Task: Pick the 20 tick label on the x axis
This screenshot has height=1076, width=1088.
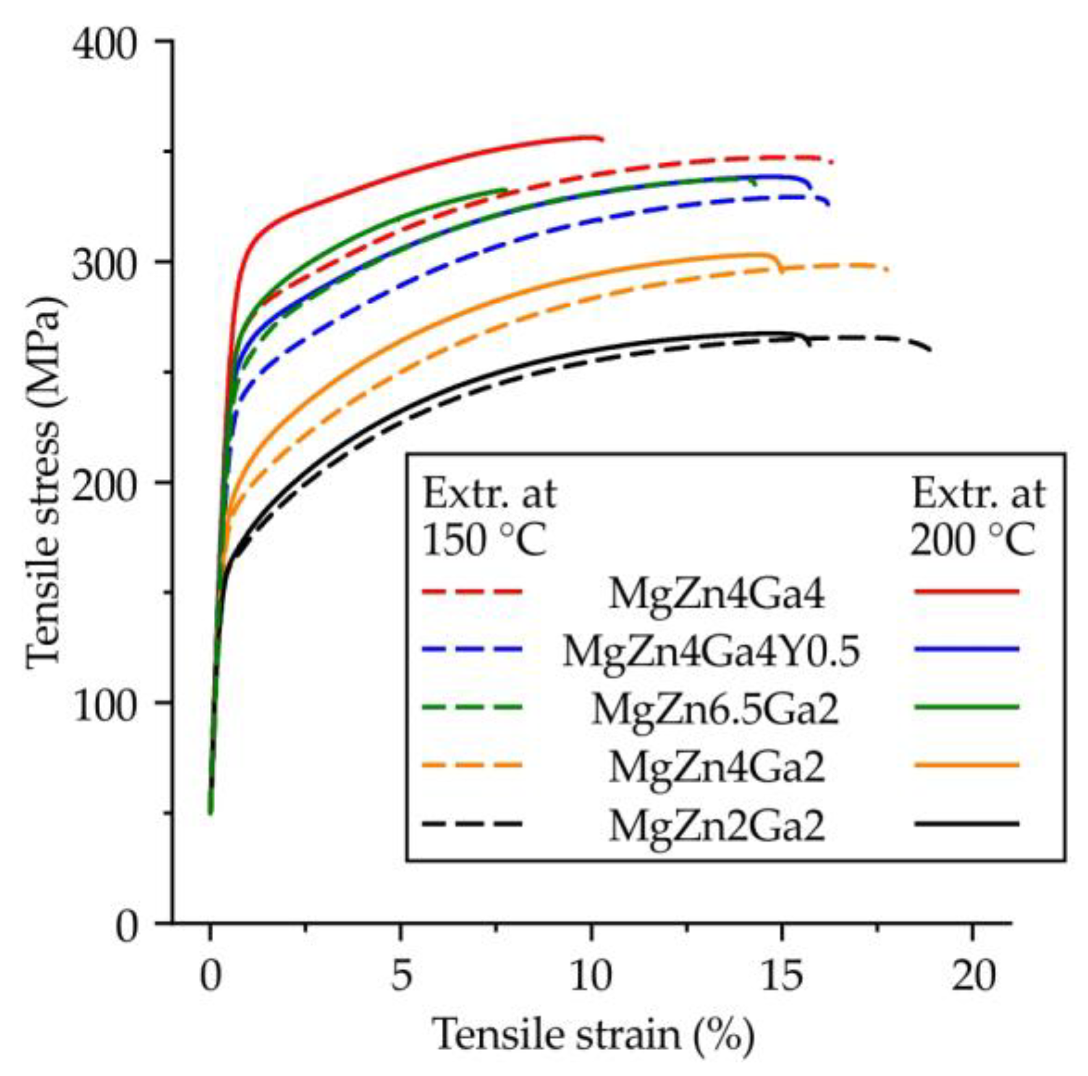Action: [x=973, y=976]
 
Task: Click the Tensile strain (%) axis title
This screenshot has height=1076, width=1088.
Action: [x=593, y=1034]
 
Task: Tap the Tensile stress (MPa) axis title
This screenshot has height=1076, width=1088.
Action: [x=44, y=482]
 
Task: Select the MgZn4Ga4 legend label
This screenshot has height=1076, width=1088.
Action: [x=717, y=595]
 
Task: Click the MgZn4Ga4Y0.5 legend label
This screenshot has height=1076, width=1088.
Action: [x=711, y=652]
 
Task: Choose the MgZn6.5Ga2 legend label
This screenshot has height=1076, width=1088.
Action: [x=715, y=710]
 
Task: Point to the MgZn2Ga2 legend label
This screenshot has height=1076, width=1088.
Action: [x=717, y=826]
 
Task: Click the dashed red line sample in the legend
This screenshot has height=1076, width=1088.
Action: [x=473, y=592]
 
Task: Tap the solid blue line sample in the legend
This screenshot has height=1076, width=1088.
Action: [x=966, y=649]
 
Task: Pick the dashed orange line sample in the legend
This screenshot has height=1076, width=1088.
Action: [x=473, y=765]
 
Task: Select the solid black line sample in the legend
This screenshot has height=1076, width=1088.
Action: [x=966, y=823]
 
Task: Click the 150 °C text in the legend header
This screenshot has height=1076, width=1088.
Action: [x=484, y=541]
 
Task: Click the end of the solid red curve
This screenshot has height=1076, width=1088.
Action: [x=602, y=139]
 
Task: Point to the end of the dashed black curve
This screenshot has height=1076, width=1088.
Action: [x=930, y=350]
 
